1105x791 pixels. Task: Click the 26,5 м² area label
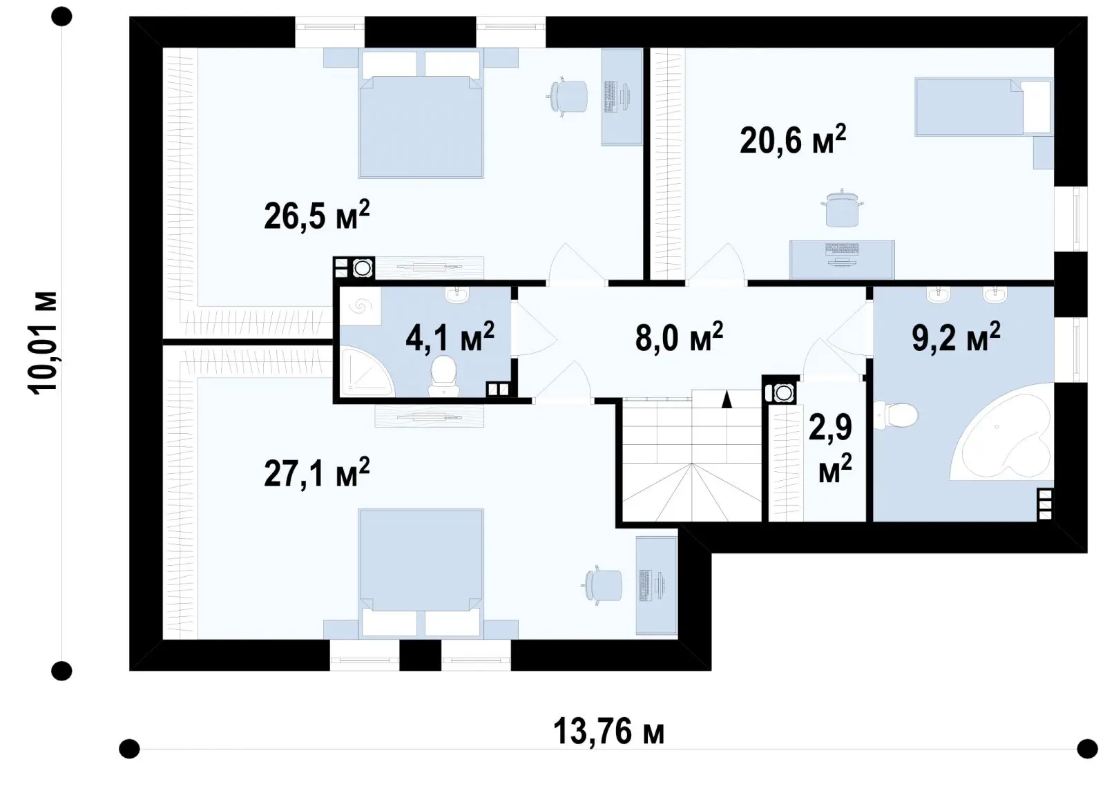(317, 215)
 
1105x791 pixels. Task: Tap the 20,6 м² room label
(793, 140)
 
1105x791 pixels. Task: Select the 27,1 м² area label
(317, 473)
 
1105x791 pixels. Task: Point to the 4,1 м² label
(450, 337)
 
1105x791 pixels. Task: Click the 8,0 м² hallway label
(679, 337)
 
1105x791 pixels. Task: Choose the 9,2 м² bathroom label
(956, 337)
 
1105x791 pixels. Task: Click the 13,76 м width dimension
(608, 732)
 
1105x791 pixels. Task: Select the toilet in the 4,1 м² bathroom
(443, 376)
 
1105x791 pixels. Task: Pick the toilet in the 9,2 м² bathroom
(895, 415)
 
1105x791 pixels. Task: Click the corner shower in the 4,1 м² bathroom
(367, 372)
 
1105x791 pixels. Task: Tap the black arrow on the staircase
(727, 399)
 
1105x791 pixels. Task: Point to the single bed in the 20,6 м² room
(984, 106)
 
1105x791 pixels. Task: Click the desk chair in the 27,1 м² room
(602, 585)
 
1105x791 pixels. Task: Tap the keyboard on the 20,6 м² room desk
(843, 249)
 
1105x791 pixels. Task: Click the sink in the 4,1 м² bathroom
(457, 295)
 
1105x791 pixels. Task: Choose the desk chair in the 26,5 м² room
(567, 97)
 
